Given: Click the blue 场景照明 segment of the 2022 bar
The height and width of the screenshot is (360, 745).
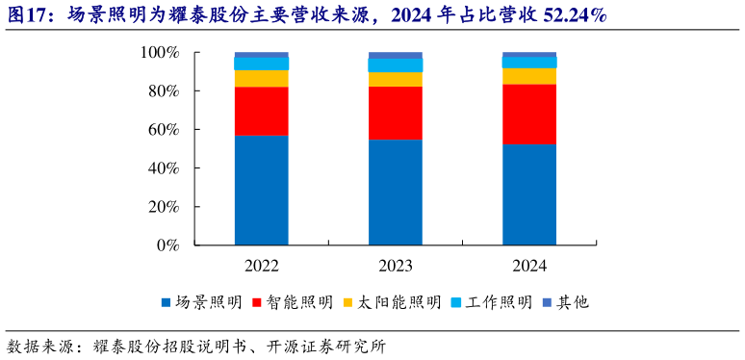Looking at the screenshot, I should coord(261,190).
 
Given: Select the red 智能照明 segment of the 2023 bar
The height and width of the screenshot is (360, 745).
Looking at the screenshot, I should coord(395,113).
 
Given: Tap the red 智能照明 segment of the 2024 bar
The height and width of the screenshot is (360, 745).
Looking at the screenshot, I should coord(528,114).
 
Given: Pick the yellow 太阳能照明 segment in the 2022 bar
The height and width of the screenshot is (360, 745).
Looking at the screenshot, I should coord(261,78).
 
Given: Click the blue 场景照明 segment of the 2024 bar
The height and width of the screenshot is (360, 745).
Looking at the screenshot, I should coord(528,193).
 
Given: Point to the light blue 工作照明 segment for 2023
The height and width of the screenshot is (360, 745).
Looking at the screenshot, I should coord(395,65).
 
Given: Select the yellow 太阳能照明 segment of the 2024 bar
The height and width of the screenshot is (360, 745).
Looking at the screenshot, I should coord(528,76).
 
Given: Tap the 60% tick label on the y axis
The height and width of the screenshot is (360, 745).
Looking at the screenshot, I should coord(164,130).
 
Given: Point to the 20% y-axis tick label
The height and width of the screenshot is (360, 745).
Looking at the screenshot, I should coord(164,207).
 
